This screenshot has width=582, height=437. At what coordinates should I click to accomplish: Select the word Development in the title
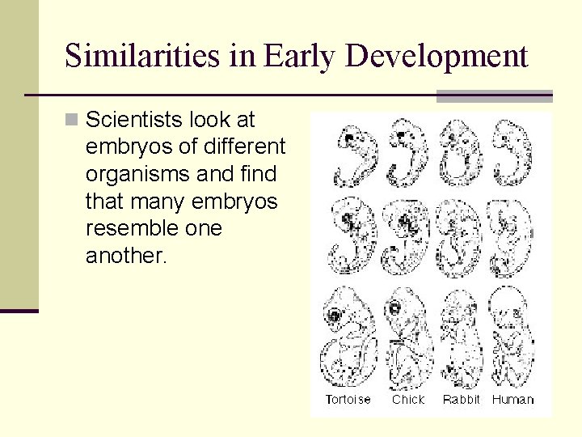(x=436, y=56)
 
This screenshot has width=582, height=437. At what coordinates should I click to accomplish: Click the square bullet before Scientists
(x=72, y=121)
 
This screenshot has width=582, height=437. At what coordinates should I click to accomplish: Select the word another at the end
(x=124, y=256)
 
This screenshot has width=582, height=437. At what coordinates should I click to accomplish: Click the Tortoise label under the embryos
(x=348, y=399)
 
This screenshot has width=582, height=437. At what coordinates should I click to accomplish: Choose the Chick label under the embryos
(x=408, y=399)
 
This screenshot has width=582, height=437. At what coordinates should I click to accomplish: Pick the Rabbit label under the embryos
(x=462, y=399)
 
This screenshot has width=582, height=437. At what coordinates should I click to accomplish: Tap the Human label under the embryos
(x=513, y=399)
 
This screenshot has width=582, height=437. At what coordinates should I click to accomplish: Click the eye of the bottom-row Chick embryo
(x=396, y=308)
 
